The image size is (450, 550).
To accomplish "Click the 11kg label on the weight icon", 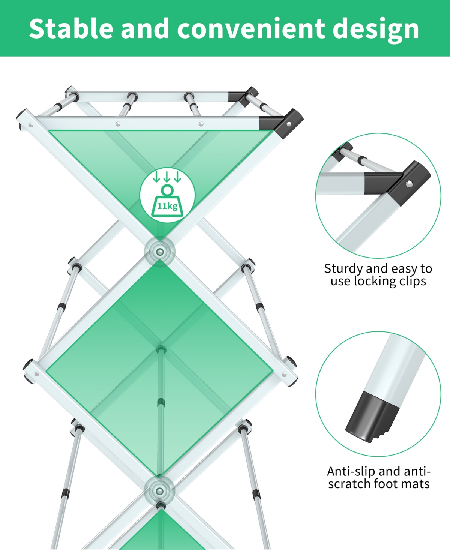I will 167,206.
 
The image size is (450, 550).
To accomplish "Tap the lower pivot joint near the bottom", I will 160,490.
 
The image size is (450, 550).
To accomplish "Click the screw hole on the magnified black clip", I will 409,183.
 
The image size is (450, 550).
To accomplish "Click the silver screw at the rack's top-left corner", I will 30,125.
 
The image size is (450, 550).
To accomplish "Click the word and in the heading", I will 144,29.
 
